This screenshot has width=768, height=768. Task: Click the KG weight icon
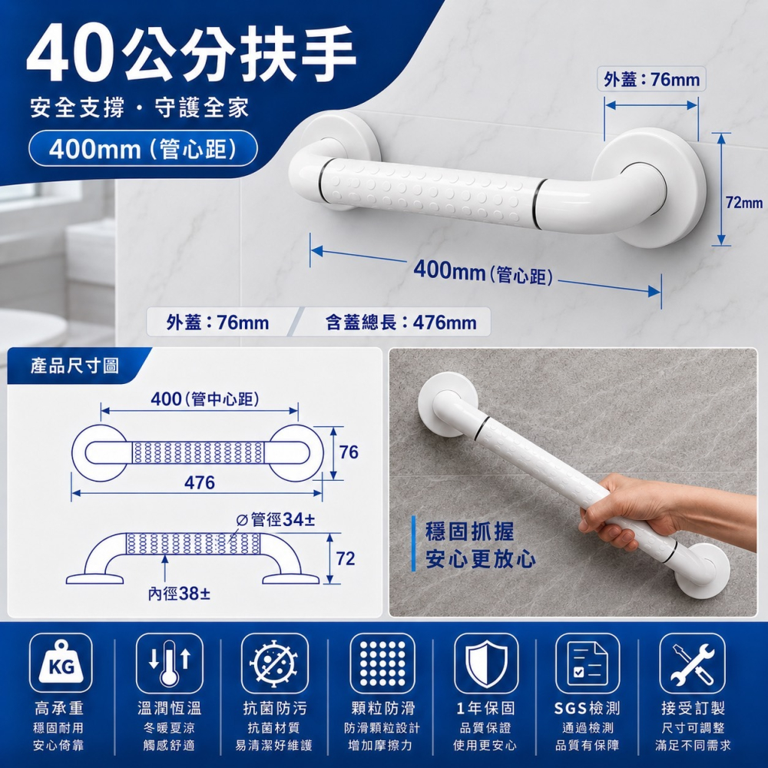click(x=61, y=663)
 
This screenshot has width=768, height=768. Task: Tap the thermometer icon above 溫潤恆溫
click(x=169, y=663)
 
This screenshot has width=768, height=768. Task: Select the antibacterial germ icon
click(x=274, y=663)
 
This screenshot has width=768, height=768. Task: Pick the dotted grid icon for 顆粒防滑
click(x=382, y=663)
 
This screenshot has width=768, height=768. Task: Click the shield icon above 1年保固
click(x=486, y=663)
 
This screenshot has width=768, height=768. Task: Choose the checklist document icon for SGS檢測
click(x=588, y=663)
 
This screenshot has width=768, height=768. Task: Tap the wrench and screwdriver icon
click(x=692, y=663)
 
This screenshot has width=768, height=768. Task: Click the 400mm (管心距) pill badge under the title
click(x=143, y=148)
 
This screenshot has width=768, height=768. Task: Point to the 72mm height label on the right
click(x=744, y=202)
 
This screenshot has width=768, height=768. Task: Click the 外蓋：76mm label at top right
click(x=651, y=79)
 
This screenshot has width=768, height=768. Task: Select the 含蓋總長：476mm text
click(x=401, y=323)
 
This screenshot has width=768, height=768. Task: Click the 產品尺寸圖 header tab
click(x=74, y=366)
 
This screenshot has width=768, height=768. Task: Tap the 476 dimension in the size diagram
click(x=200, y=483)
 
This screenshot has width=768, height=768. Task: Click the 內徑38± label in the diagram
click(x=179, y=594)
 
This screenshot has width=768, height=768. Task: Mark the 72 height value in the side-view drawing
click(x=346, y=558)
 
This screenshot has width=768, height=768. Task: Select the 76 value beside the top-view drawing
click(x=349, y=452)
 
